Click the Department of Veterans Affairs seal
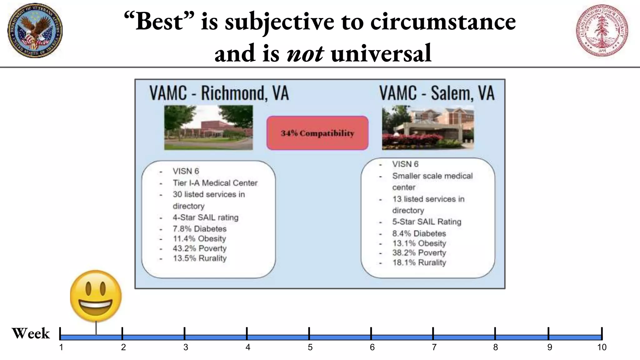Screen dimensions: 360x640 [x=35, y=30]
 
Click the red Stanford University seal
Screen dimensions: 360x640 [x=602, y=30]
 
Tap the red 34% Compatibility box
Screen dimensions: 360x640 [x=317, y=133]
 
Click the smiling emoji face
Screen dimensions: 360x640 [x=96, y=296]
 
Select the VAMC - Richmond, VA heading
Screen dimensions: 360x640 [x=219, y=93]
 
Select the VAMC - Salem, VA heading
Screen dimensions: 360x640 [x=437, y=93]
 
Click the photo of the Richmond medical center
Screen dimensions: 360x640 [x=208, y=127]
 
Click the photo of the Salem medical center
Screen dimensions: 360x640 [x=428, y=127]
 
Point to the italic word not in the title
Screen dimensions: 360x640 [x=305, y=53]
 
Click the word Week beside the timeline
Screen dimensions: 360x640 [x=31, y=333]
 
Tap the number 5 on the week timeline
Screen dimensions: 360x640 [x=310, y=347]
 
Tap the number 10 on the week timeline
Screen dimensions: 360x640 [x=602, y=347]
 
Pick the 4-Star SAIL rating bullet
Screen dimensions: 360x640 [x=205, y=217]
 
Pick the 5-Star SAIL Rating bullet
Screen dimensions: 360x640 [x=427, y=222]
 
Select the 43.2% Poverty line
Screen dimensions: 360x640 [x=199, y=248]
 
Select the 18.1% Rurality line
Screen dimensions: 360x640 [x=419, y=262]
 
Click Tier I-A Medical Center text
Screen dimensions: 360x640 [x=215, y=183]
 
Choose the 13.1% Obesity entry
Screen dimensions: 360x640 [x=419, y=243]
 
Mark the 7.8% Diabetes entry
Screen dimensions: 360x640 [x=199, y=229]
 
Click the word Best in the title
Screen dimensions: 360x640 [x=159, y=22]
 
